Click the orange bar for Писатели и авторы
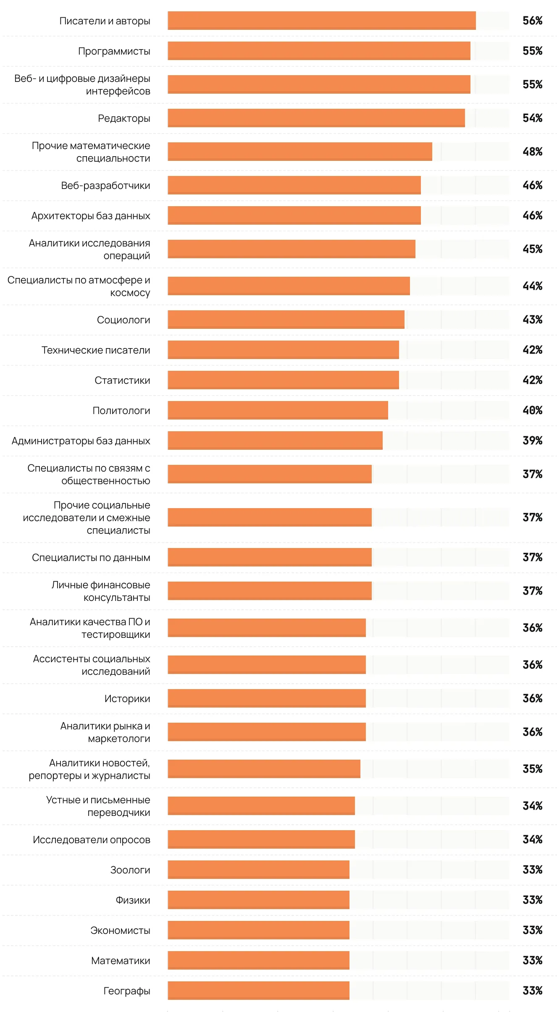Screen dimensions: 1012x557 pyautogui.click(x=321, y=21)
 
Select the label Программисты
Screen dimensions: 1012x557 pyautogui.click(x=114, y=51)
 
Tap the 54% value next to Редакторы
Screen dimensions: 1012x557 pyautogui.click(x=532, y=118)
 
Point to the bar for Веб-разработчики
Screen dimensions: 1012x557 pyautogui.click(x=294, y=185)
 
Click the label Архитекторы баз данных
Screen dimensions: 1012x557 pyautogui.click(x=91, y=216)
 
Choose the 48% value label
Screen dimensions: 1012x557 pyautogui.click(x=532, y=152)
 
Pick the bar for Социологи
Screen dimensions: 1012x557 pyautogui.click(x=286, y=320)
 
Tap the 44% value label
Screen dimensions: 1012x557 pyautogui.click(x=532, y=286)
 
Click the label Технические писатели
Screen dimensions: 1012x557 pyautogui.click(x=96, y=350)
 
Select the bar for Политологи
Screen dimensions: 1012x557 pyautogui.click(x=278, y=410)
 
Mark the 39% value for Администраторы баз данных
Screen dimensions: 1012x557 pyautogui.click(x=532, y=440)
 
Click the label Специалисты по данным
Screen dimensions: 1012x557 pyautogui.click(x=91, y=558)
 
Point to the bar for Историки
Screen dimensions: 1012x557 pyautogui.click(x=267, y=698)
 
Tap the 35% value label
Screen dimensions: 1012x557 pyautogui.click(x=532, y=769)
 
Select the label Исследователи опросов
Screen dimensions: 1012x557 pyautogui.click(x=92, y=840)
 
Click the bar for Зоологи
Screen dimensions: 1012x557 pyautogui.click(x=258, y=870)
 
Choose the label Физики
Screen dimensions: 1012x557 pyautogui.click(x=133, y=900)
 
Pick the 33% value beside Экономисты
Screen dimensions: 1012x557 pyautogui.click(x=532, y=930)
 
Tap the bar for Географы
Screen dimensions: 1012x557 pyautogui.click(x=258, y=991)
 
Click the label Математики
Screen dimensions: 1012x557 pyautogui.click(x=121, y=961)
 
